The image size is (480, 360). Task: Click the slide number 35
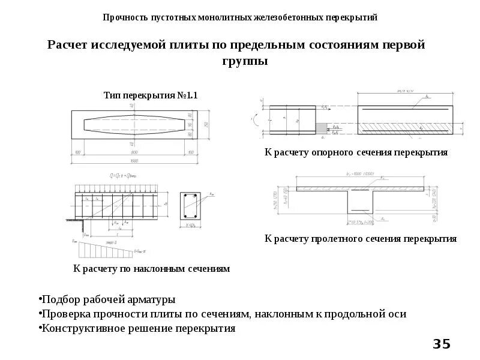(441, 344)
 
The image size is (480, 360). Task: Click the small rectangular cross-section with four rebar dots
(191, 206)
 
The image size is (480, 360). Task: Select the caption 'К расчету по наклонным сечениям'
(151, 269)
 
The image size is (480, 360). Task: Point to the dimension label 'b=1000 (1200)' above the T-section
(360, 174)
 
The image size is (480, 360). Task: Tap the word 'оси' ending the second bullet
(396, 313)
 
